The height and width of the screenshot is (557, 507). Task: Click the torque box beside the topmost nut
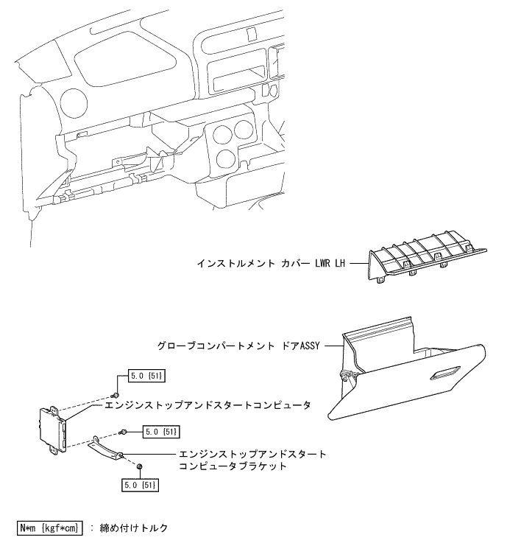146,377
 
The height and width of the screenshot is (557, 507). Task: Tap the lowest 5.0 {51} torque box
140,486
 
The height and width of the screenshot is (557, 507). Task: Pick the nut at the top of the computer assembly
116,379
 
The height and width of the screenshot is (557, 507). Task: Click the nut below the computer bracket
139,467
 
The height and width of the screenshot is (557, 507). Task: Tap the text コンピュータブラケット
229,466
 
